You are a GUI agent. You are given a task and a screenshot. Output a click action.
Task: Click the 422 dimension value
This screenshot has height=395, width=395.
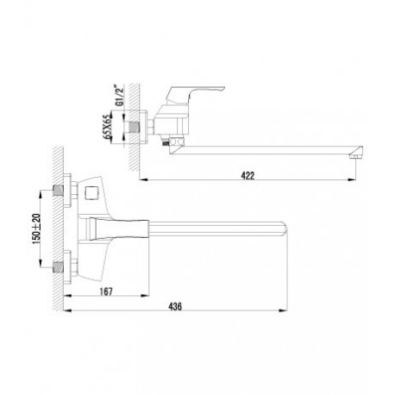(248, 175)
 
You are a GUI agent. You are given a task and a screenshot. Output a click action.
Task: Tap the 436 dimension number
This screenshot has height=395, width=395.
(175, 306)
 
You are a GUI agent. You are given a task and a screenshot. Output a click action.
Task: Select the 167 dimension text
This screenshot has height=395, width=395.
(106, 292)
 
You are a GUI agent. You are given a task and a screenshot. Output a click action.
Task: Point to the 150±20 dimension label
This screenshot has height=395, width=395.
(36, 229)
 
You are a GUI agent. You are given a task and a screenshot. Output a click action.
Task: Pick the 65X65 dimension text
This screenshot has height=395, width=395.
(108, 128)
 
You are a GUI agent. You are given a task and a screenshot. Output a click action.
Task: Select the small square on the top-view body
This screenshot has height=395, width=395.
(92, 191)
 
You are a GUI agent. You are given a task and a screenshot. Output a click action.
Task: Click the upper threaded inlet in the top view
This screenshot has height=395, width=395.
(59, 191)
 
